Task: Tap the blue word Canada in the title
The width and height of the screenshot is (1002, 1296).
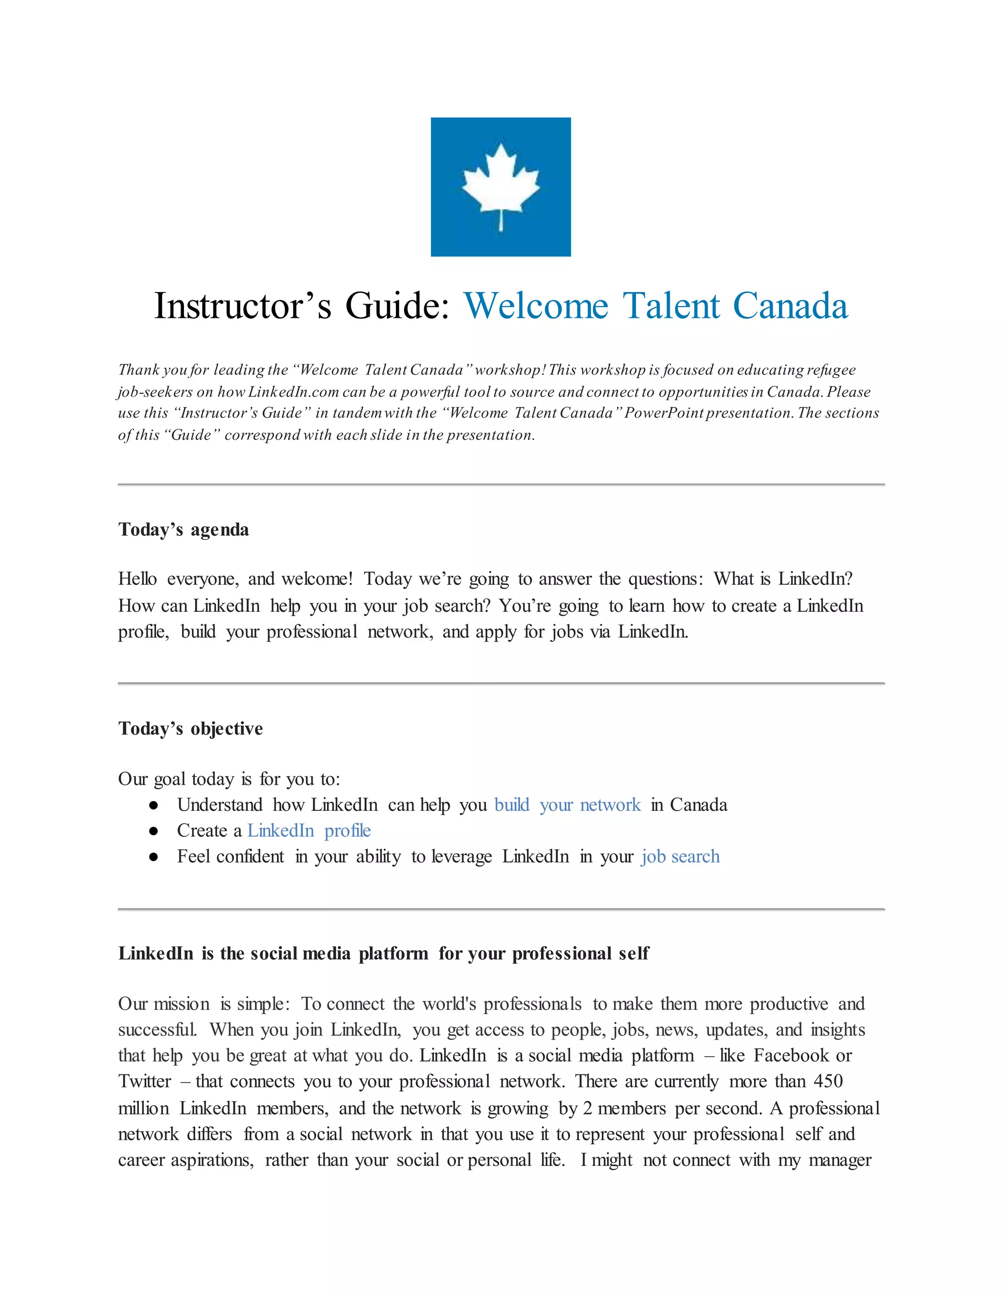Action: [x=790, y=306]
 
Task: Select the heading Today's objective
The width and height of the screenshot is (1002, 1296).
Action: [x=190, y=728]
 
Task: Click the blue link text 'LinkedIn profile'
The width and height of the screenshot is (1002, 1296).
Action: [x=309, y=830]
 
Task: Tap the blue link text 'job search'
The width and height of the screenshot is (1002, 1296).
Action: [x=680, y=856]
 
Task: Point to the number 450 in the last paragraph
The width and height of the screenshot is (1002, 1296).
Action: [x=828, y=1081]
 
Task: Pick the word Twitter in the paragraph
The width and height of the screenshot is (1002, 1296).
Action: [x=145, y=1081]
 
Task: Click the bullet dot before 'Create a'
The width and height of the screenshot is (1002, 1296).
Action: [x=154, y=831]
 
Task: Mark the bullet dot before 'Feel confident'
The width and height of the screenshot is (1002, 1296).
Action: [x=154, y=857]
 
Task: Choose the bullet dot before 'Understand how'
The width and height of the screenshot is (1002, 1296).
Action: [x=154, y=805]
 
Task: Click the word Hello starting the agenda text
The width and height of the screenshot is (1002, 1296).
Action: [x=137, y=579]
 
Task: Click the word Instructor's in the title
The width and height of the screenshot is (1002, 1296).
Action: [x=242, y=306]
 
